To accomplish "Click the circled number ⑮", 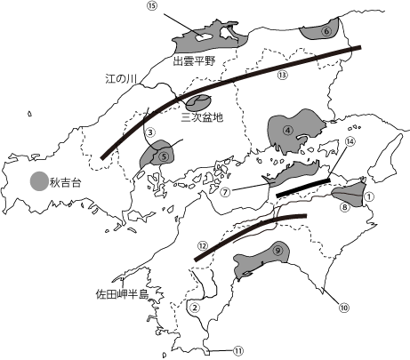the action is click(x=151, y=6).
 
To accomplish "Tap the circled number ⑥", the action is click(x=326, y=31).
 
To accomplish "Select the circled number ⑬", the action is click(x=282, y=75).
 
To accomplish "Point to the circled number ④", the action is click(x=288, y=129).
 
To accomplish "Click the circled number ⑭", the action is click(x=350, y=141).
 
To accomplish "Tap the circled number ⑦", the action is click(x=226, y=190).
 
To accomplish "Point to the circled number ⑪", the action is click(x=237, y=350).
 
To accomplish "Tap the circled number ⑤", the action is click(x=165, y=154).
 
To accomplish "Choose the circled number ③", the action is click(x=151, y=132).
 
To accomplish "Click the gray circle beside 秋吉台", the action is click(x=37, y=181).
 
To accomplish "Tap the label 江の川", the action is click(x=121, y=78).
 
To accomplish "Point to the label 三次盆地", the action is click(x=202, y=116).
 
